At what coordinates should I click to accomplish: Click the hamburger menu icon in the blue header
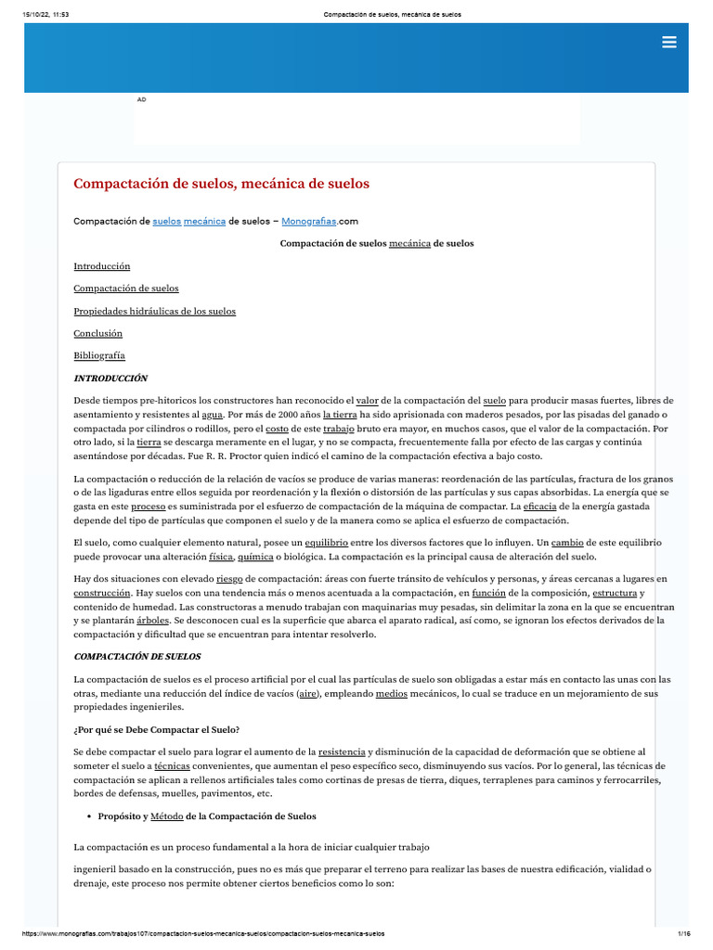click(668, 42)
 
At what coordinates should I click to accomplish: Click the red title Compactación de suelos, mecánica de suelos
click(221, 184)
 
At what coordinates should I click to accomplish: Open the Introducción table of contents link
click(101, 266)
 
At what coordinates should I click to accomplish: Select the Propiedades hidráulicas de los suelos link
click(154, 311)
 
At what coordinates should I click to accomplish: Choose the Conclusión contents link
click(97, 333)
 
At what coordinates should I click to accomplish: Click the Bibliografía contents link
click(99, 355)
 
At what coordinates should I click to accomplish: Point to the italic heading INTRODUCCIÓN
click(110, 379)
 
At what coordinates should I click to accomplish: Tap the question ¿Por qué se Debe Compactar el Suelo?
click(156, 728)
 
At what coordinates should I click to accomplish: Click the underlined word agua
click(212, 415)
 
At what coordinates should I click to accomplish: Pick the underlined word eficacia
click(539, 507)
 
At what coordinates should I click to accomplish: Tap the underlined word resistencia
click(341, 751)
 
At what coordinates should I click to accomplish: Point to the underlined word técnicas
click(172, 766)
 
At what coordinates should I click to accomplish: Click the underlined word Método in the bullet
click(167, 816)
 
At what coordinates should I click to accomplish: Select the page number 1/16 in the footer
click(684, 933)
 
